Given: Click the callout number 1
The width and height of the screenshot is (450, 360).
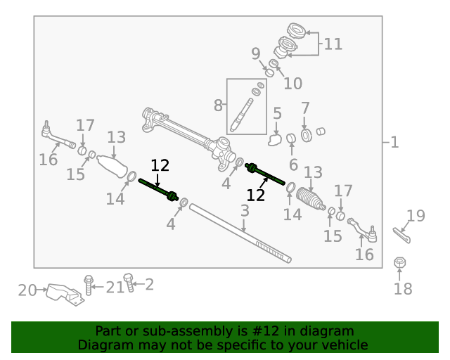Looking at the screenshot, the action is (x=395, y=142).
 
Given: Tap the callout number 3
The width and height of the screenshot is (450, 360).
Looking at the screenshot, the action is (x=245, y=211).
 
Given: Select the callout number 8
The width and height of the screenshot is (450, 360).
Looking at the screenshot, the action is (x=218, y=105).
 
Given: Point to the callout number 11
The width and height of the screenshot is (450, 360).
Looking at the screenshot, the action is (x=333, y=44).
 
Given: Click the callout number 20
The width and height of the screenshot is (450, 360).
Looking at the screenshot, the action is (x=27, y=290).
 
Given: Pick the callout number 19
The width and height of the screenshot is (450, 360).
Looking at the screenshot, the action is (x=416, y=216).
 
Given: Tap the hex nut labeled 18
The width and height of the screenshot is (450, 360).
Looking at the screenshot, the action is (x=399, y=262).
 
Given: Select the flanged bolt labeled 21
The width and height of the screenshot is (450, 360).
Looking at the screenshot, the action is (x=89, y=285).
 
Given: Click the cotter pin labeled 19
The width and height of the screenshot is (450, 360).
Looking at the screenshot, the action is (x=401, y=235).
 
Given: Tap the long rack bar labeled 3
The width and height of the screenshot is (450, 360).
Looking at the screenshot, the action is (x=240, y=233).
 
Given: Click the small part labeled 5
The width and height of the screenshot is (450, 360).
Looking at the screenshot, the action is (x=274, y=141).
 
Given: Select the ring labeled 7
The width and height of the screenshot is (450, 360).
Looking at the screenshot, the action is (x=307, y=135).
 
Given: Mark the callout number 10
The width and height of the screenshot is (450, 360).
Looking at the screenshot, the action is (x=293, y=84).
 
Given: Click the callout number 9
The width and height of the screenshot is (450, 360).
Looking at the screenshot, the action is (x=256, y=53).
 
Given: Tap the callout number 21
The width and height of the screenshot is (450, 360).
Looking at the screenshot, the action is (x=115, y=288).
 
